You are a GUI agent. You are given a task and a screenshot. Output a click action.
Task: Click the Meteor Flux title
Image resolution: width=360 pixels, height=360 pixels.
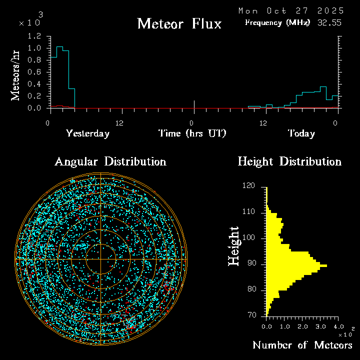[x=179, y=23]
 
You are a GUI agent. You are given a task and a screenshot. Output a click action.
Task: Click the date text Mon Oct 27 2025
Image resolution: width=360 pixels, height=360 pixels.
[x=291, y=10]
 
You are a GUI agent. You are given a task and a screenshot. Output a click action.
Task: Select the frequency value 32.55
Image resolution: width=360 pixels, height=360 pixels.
[x=330, y=22]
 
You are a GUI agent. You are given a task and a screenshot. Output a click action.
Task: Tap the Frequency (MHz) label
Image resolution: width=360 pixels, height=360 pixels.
[x=277, y=22]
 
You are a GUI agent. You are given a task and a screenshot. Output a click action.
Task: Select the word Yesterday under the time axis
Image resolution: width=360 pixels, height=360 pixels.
[x=87, y=133]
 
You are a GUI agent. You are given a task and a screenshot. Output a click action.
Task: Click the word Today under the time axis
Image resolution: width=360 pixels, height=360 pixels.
[x=301, y=133]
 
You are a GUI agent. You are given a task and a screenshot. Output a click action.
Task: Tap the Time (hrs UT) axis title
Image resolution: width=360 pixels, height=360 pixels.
[x=192, y=133]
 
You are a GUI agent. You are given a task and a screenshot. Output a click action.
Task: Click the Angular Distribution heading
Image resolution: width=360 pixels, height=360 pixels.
[x=110, y=161]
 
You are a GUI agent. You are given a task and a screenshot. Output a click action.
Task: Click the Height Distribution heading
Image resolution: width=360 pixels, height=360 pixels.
[x=289, y=161]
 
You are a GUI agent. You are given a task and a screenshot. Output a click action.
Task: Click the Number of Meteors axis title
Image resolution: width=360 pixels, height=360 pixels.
[x=302, y=345]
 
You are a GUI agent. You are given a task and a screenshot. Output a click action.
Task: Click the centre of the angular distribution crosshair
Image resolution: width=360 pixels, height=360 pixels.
[x=101, y=259]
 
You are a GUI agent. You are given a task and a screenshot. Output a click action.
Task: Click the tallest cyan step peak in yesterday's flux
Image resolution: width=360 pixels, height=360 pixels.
[x=59, y=46]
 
